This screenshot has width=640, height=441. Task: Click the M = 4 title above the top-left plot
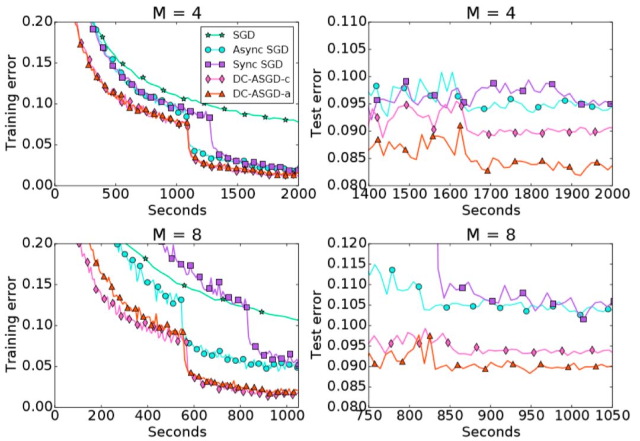click(x=176, y=10)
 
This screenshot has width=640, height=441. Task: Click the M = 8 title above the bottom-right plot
click(x=489, y=234)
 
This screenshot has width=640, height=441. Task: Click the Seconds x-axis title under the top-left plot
click(x=177, y=210)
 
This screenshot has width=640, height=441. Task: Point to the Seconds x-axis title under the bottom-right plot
click(x=491, y=432)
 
